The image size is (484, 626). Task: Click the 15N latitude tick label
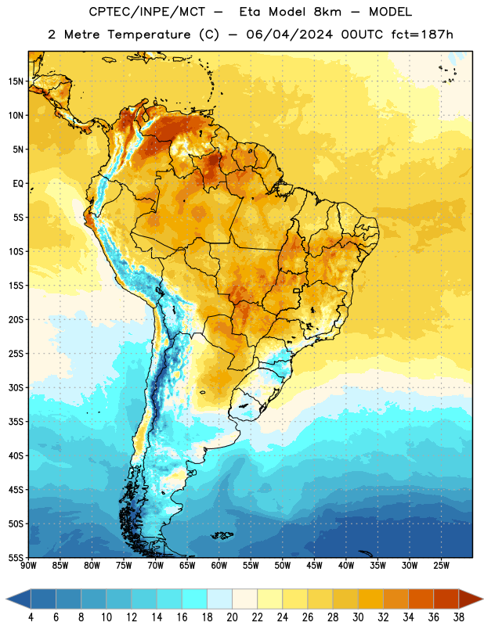pos(16,81)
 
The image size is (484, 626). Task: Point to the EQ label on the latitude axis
pos(18,184)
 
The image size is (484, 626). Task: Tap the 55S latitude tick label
pos(16,557)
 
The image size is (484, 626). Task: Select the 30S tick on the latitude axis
pos(16,387)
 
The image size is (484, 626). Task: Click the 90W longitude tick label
pos(28,565)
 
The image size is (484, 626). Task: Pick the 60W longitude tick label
pos(219,565)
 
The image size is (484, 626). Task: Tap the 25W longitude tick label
pos(441,565)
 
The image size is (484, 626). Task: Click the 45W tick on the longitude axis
pos(314,565)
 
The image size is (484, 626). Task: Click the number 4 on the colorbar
pos(31,617)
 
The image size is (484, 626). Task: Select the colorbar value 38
pos(459,617)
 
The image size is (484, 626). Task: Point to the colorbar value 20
pos(232,617)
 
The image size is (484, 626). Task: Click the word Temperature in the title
pos(149,34)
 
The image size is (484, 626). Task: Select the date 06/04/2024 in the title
pos(289,34)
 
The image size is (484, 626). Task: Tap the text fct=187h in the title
pos(422,34)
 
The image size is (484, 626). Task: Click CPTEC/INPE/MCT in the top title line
pos(146,12)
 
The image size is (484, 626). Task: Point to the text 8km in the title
pos(327,12)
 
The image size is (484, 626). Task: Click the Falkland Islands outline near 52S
pos(222,535)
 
